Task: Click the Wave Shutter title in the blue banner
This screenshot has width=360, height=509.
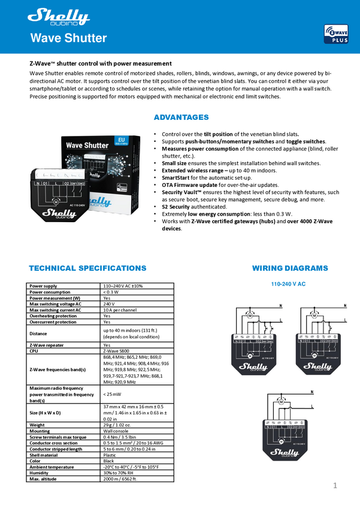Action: [68, 39]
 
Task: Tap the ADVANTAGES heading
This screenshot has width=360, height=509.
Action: [181, 117]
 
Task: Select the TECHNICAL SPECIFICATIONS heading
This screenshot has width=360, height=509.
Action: [87, 268]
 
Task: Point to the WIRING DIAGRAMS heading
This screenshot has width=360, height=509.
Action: [290, 268]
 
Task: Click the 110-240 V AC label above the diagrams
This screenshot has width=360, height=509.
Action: [288, 284]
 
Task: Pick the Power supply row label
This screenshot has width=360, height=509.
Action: [43, 286]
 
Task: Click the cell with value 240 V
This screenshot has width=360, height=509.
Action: [110, 304]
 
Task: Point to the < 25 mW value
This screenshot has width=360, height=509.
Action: [113, 395]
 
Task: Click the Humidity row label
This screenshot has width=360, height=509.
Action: [40, 473]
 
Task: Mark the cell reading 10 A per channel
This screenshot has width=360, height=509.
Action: [120, 310]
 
